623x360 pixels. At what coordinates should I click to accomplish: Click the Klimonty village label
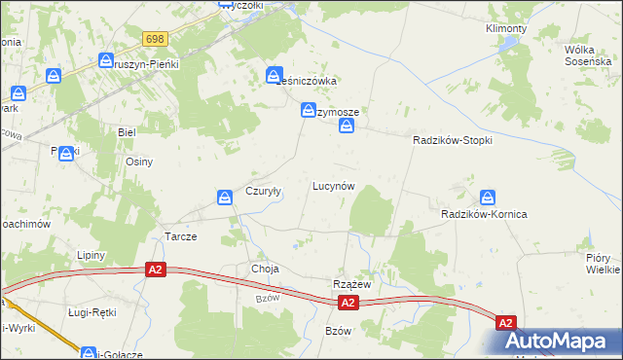coord(505,28)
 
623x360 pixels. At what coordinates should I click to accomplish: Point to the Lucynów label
coord(332,185)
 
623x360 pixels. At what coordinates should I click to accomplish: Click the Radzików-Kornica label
coord(484,214)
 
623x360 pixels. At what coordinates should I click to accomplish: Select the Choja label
coord(265,269)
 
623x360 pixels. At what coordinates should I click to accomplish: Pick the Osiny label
coord(139,162)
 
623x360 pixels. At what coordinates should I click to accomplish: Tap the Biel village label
coord(126,130)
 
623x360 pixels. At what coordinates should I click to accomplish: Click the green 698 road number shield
coord(155,39)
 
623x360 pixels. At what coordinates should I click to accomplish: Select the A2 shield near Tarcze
coord(155,269)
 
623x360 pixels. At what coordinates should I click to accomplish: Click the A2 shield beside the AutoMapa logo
coord(505,322)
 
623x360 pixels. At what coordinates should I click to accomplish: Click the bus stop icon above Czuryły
coord(226,198)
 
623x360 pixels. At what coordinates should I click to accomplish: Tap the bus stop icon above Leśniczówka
coord(275,74)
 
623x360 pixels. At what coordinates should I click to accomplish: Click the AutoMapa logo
coord(562,342)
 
